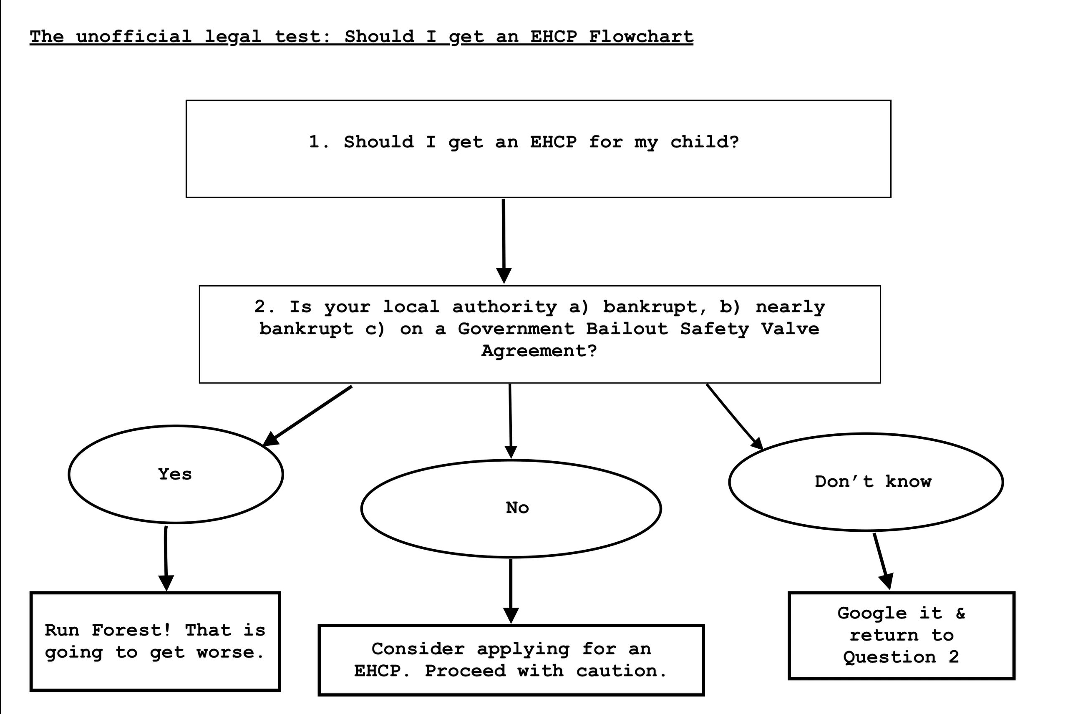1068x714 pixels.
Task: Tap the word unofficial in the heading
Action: [x=134, y=36]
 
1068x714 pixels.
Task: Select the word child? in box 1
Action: [x=704, y=142]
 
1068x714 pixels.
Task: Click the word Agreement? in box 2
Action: [x=539, y=351]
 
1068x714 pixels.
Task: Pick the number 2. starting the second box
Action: [x=264, y=307]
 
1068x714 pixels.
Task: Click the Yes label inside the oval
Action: [x=175, y=474]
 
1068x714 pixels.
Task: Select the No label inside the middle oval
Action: [x=517, y=508]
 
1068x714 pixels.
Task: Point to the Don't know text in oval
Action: [x=873, y=482]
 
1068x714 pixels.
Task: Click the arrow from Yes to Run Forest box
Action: [x=166, y=558]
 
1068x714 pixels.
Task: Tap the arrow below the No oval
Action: [x=511, y=590]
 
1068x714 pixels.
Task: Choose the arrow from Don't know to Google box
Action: [x=881, y=560]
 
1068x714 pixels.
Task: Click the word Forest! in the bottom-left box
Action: [x=131, y=630]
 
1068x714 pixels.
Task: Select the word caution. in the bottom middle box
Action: [x=621, y=671]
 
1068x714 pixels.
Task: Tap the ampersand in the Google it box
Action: [x=960, y=613]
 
